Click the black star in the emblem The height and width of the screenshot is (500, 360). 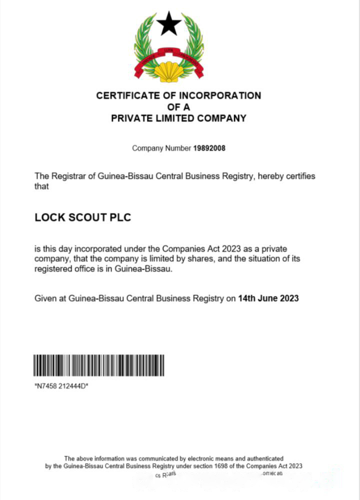(x=168, y=24)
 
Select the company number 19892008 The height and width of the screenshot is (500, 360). (x=209, y=148)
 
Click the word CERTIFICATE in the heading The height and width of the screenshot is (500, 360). (x=130, y=95)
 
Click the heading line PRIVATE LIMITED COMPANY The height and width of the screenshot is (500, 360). (x=178, y=118)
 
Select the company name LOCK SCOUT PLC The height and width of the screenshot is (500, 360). (x=82, y=218)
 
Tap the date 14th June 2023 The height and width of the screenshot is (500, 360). (x=268, y=298)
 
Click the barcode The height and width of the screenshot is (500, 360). (x=99, y=365)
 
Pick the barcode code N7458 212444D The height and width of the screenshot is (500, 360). (x=61, y=386)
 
